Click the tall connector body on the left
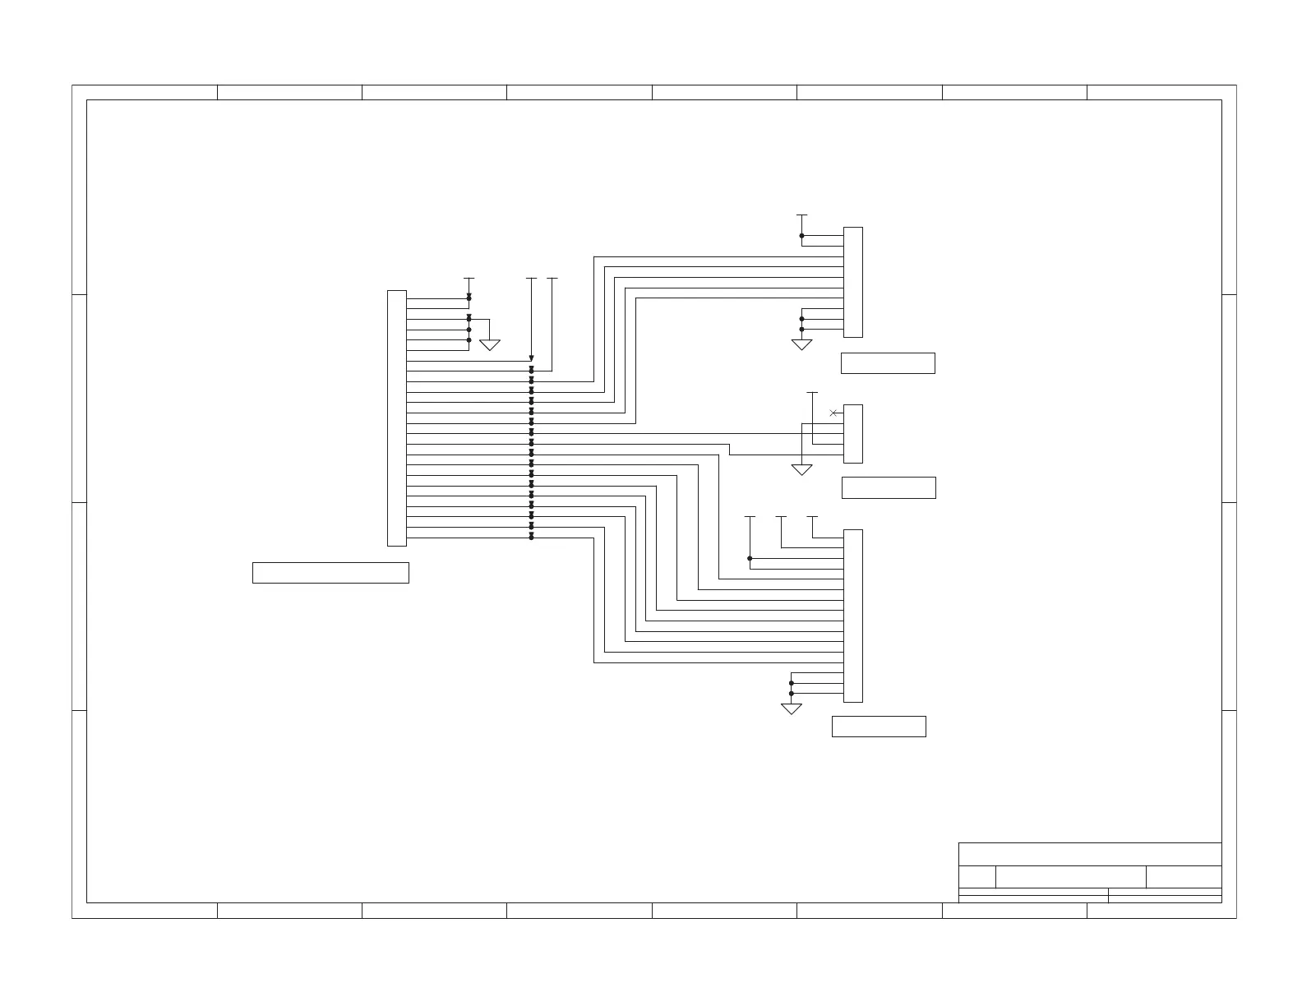point(396,418)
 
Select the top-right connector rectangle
point(852,282)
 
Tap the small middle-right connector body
point(852,433)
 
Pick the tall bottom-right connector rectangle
point(852,616)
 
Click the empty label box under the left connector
point(330,573)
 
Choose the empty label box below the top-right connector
point(888,363)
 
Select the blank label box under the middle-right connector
point(889,487)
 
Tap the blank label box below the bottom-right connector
point(879,727)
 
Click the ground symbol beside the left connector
point(490,345)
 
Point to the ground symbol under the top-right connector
point(801,345)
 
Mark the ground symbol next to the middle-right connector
point(801,470)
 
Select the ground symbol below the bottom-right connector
point(791,709)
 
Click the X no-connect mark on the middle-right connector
point(833,413)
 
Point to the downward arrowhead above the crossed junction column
point(531,358)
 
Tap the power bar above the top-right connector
point(801,215)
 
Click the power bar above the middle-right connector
point(812,393)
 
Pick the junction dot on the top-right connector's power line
point(801,236)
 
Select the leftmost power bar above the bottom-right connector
point(750,517)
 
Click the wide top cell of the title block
point(1090,854)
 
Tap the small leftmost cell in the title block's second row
point(977,877)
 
